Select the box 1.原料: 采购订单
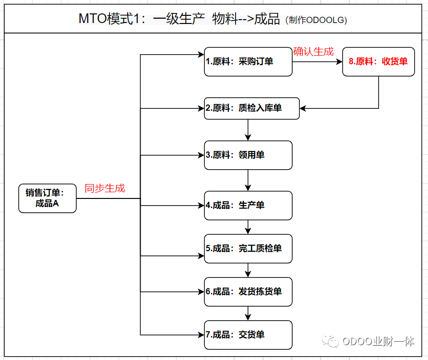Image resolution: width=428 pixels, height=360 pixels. pyautogui.click(x=248, y=62)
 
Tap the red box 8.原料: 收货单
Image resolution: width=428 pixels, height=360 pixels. pyautogui.click(x=378, y=62)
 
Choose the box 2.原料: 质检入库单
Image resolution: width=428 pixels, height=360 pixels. pyautogui.click(x=252, y=108)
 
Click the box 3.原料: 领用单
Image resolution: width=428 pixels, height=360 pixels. pyautogui.click(x=248, y=155)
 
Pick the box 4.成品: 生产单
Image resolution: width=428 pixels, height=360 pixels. pyautogui.click(x=248, y=205)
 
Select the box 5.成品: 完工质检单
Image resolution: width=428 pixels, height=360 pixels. pyautogui.click(x=248, y=248)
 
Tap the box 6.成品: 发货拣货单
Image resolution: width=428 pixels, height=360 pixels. pyautogui.click(x=248, y=291)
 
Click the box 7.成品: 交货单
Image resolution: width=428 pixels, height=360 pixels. pyautogui.click(x=248, y=335)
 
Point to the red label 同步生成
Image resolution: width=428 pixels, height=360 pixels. pyautogui.click(x=105, y=188)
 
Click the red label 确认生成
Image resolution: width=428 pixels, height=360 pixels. pyautogui.click(x=313, y=51)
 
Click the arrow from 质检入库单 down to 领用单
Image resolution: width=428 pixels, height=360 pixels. pyautogui.click(x=248, y=129)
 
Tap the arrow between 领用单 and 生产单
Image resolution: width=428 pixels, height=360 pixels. pyautogui.click(x=248, y=180)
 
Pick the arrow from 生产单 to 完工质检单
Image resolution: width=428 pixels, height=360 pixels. pyautogui.click(x=248, y=227)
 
